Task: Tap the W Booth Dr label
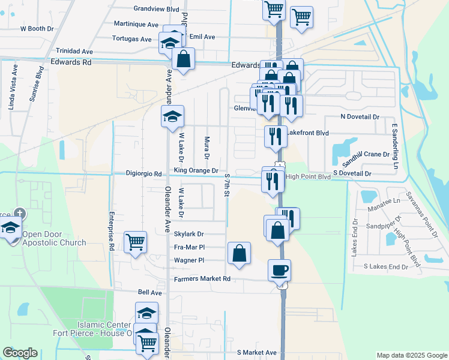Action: click(37, 28)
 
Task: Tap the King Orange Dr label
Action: click(196, 171)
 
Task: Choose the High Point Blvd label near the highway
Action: click(308, 177)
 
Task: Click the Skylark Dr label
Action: click(189, 234)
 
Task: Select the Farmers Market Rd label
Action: click(202, 279)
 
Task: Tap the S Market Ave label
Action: click(257, 353)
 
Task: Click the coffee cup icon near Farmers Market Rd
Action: click(279, 270)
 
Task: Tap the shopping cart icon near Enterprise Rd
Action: click(136, 242)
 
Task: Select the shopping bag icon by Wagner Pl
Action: click(239, 253)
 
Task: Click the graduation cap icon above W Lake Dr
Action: click(172, 116)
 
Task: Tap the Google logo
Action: click(20, 353)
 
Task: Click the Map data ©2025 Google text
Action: click(412, 355)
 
